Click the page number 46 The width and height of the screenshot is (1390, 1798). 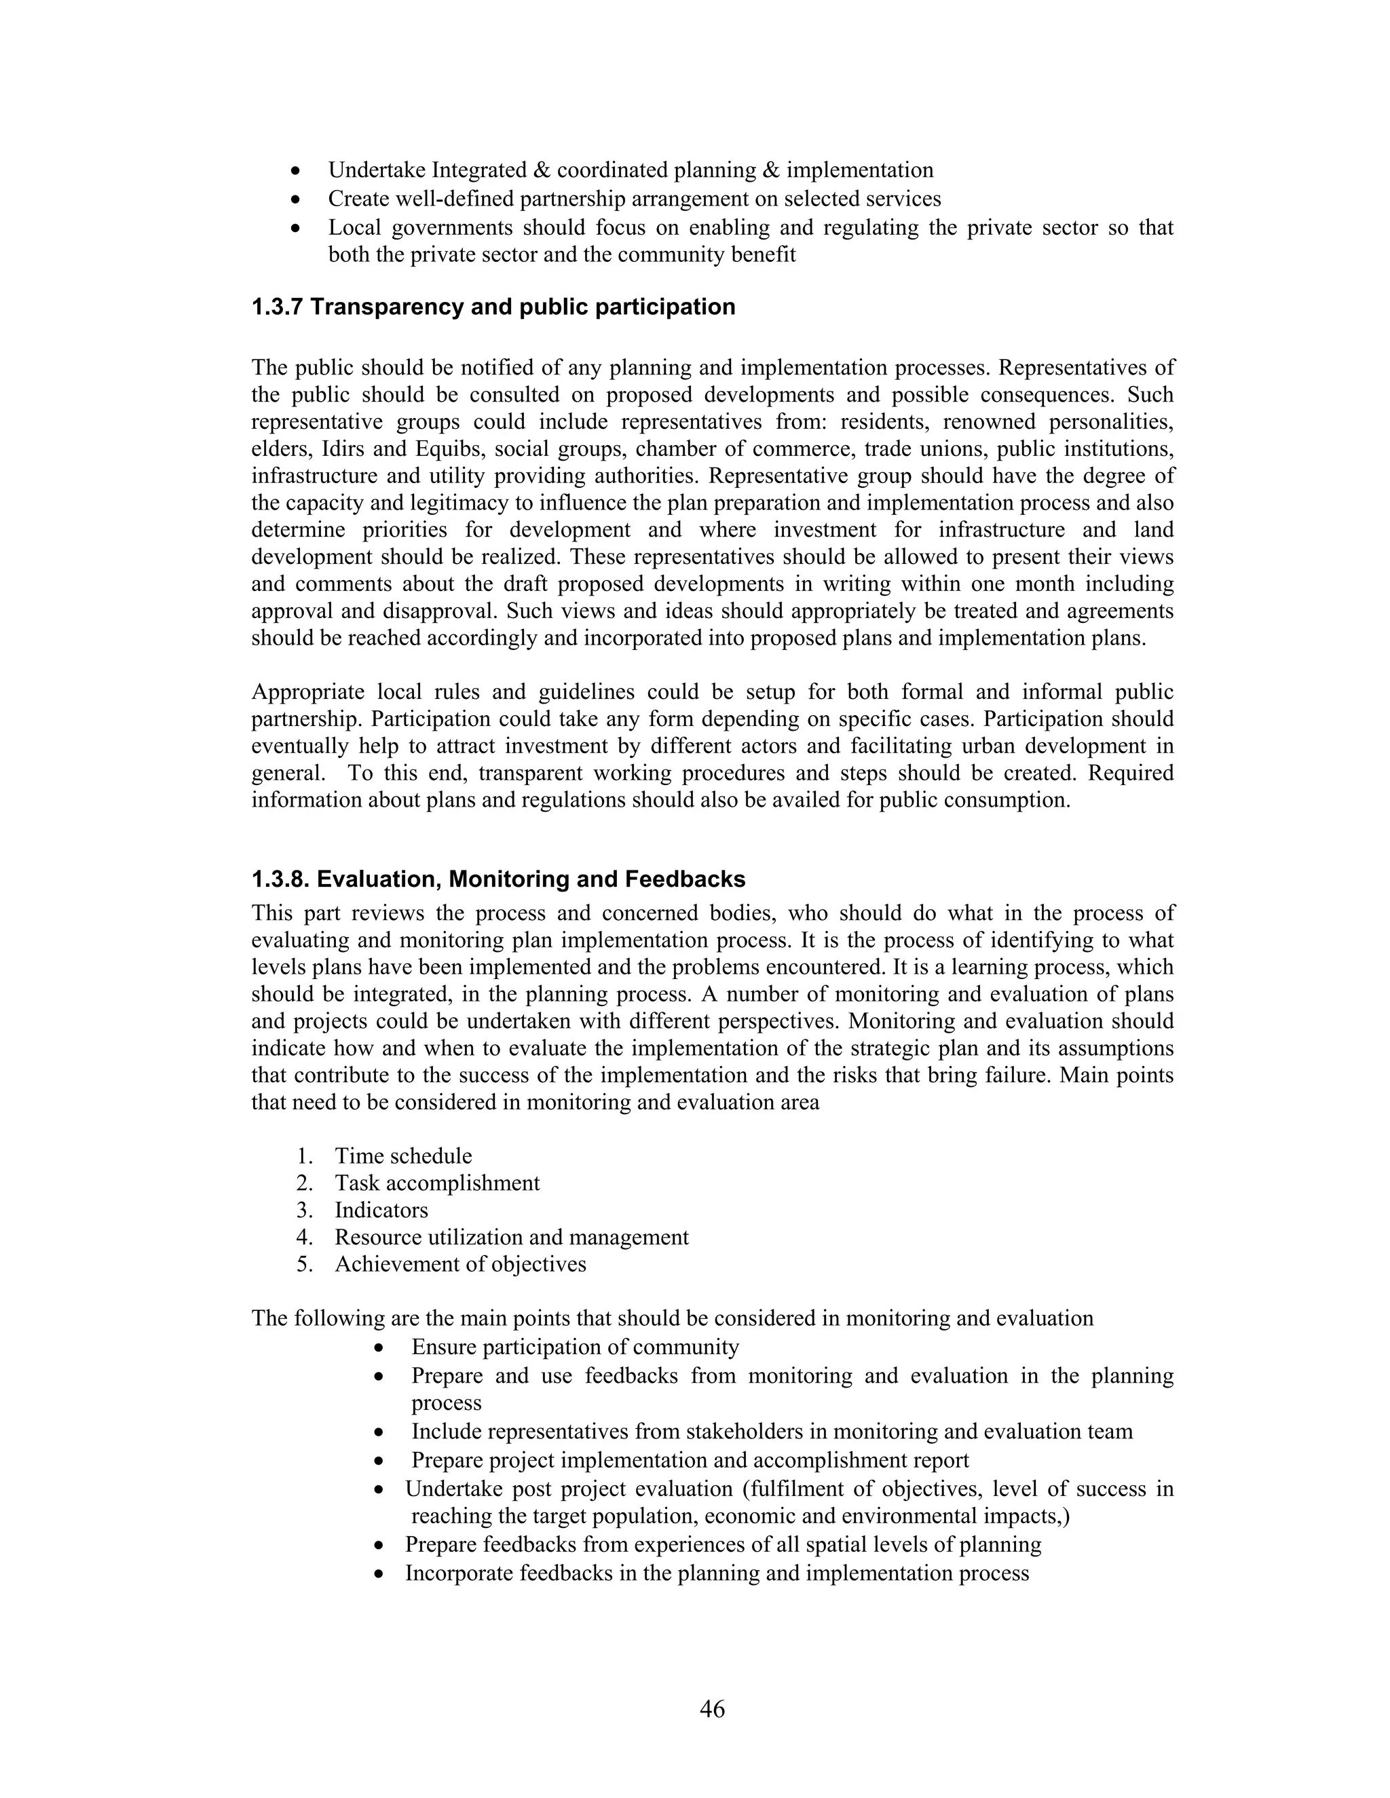point(711,1708)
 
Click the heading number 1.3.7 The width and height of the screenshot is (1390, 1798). point(278,307)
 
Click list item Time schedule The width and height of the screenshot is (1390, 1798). point(402,1156)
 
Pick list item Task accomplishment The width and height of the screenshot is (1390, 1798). point(436,1183)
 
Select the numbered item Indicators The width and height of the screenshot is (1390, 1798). point(381,1210)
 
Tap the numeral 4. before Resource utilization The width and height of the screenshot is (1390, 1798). point(305,1238)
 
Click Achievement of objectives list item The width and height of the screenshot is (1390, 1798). point(459,1265)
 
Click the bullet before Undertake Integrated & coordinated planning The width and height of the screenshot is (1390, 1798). point(295,171)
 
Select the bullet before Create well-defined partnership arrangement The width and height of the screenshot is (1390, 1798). point(295,200)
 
